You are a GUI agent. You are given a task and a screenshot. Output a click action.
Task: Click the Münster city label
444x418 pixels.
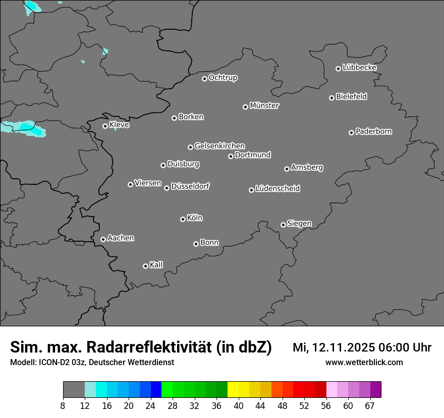click(264, 106)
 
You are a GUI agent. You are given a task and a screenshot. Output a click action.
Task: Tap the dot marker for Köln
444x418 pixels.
click(183, 219)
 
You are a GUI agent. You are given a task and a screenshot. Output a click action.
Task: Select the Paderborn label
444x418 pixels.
click(374, 131)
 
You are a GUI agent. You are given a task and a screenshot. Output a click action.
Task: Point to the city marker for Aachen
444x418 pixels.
click(103, 239)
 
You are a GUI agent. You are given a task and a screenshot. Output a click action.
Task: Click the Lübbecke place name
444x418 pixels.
click(360, 67)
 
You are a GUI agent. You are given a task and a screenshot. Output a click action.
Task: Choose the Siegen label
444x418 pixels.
click(299, 224)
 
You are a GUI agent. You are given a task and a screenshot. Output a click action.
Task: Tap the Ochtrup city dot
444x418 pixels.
click(204, 79)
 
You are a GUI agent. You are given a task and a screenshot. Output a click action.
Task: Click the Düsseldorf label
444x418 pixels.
click(190, 186)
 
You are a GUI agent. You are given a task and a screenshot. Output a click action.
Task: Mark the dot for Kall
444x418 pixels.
click(145, 266)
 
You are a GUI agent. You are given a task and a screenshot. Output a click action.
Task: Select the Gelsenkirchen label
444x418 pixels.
click(219, 146)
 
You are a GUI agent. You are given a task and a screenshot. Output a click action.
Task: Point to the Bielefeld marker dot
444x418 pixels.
click(331, 98)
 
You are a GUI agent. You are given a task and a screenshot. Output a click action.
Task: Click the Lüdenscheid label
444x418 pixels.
click(278, 189)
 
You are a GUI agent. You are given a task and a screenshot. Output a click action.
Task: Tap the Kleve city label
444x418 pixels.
click(120, 125)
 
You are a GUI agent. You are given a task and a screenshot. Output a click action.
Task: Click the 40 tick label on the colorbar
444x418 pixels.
click(239, 405)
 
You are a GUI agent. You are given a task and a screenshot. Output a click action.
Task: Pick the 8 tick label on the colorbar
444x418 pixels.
click(63, 405)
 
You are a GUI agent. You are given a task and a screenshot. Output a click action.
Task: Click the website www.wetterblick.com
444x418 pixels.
click(364, 362)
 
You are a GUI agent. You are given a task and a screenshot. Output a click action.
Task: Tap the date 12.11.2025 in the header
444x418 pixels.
click(340, 347)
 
